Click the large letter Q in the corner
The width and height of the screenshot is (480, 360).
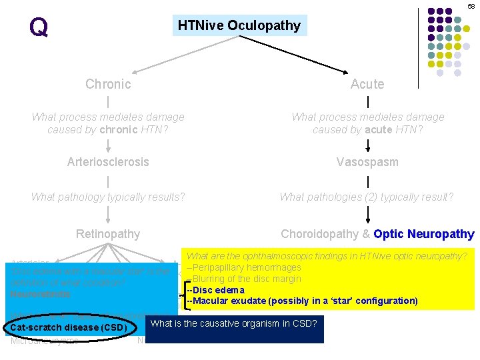pyautogui.click(x=39, y=27)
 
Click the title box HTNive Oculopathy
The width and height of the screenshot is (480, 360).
pyautogui.click(x=239, y=25)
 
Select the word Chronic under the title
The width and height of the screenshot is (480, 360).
pyautogui.click(x=108, y=84)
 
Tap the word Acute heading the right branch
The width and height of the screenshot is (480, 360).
pyautogui.click(x=367, y=84)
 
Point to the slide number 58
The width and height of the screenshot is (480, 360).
pyautogui.click(x=471, y=6)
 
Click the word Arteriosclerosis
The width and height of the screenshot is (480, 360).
pyautogui.click(x=108, y=162)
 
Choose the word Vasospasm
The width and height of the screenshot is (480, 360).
pyautogui.click(x=367, y=162)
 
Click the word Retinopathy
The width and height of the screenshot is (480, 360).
pyautogui.click(x=108, y=234)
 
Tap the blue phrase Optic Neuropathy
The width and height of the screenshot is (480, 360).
pyautogui.click(x=424, y=234)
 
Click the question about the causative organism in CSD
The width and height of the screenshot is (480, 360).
pyautogui.click(x=234, y=325)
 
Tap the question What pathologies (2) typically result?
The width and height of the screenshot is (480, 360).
pyautogui.click(x=367, y=197)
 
